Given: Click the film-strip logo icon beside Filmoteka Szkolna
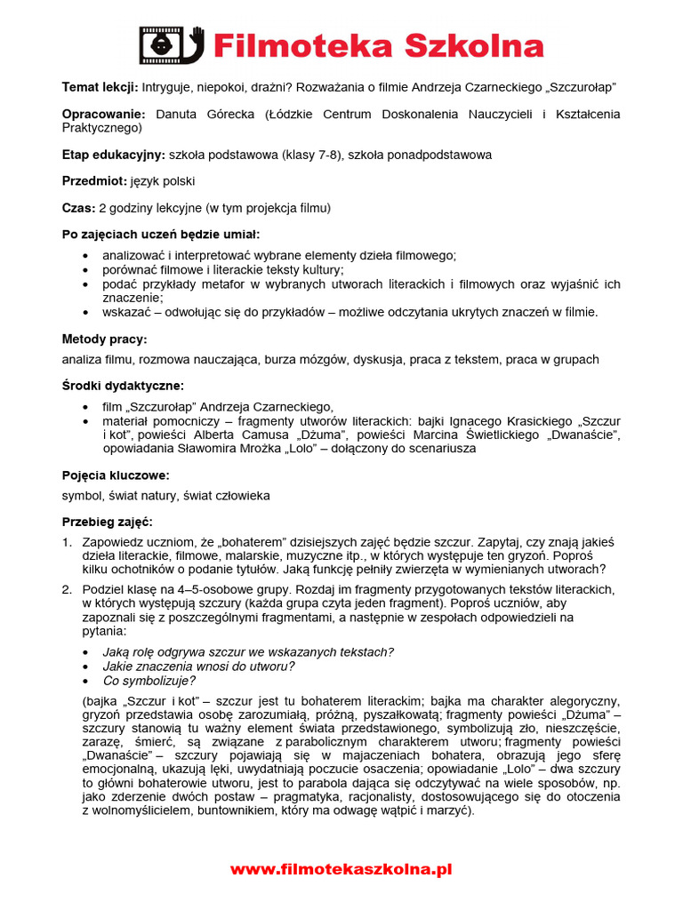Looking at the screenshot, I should tap(172, 45).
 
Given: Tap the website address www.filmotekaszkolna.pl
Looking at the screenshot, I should tap(341, 869).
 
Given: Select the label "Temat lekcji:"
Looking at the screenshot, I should tap(100, 87).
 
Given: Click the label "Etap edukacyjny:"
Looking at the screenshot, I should tap(113, 155).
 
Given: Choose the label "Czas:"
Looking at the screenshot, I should tap(78, 208).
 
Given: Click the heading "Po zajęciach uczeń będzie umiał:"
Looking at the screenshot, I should tap(160, 235).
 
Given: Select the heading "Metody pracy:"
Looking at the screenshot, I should tap(104, 339).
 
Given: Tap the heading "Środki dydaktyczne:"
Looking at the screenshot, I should tap(123, 386).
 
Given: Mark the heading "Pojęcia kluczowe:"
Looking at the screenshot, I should tap(115, 475).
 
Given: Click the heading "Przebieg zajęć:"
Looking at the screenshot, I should tap(107, 522).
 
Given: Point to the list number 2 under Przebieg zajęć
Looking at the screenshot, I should tap(67, 589).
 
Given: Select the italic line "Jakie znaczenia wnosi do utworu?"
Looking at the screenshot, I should tap(198, 667).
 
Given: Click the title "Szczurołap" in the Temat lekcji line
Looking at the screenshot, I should tap(579, 87).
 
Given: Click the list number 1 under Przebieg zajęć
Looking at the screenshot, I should tap(67, 542).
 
